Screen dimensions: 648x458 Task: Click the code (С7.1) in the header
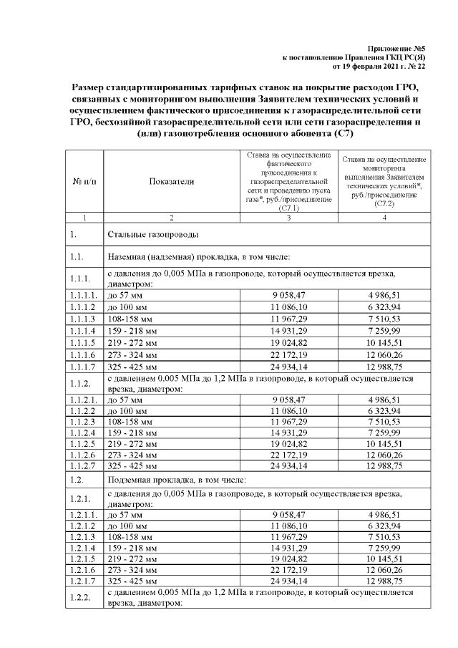click(288, 208)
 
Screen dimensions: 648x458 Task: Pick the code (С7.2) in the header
click(384, 203)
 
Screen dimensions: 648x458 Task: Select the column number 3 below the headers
click(288, 217)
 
